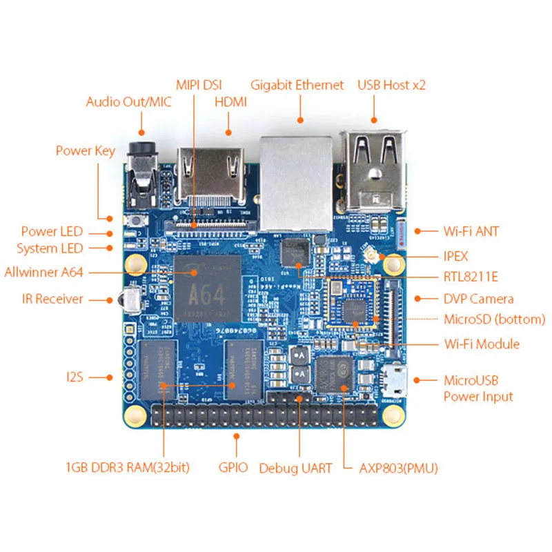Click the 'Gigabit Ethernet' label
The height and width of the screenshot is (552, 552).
pos(297,86)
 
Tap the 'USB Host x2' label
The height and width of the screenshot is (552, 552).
pos(391,86)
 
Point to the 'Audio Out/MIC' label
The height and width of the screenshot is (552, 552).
pos(128,102)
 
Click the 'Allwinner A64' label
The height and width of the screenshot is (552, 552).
pos(43,272)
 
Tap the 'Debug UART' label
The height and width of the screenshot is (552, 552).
pos(295,469)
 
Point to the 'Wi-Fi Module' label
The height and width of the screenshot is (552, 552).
pos(482,344)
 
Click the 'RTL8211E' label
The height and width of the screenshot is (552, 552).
pos(471,277)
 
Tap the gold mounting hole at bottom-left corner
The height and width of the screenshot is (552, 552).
pos(136,414)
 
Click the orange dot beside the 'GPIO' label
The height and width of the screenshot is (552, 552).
pos(237,436)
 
